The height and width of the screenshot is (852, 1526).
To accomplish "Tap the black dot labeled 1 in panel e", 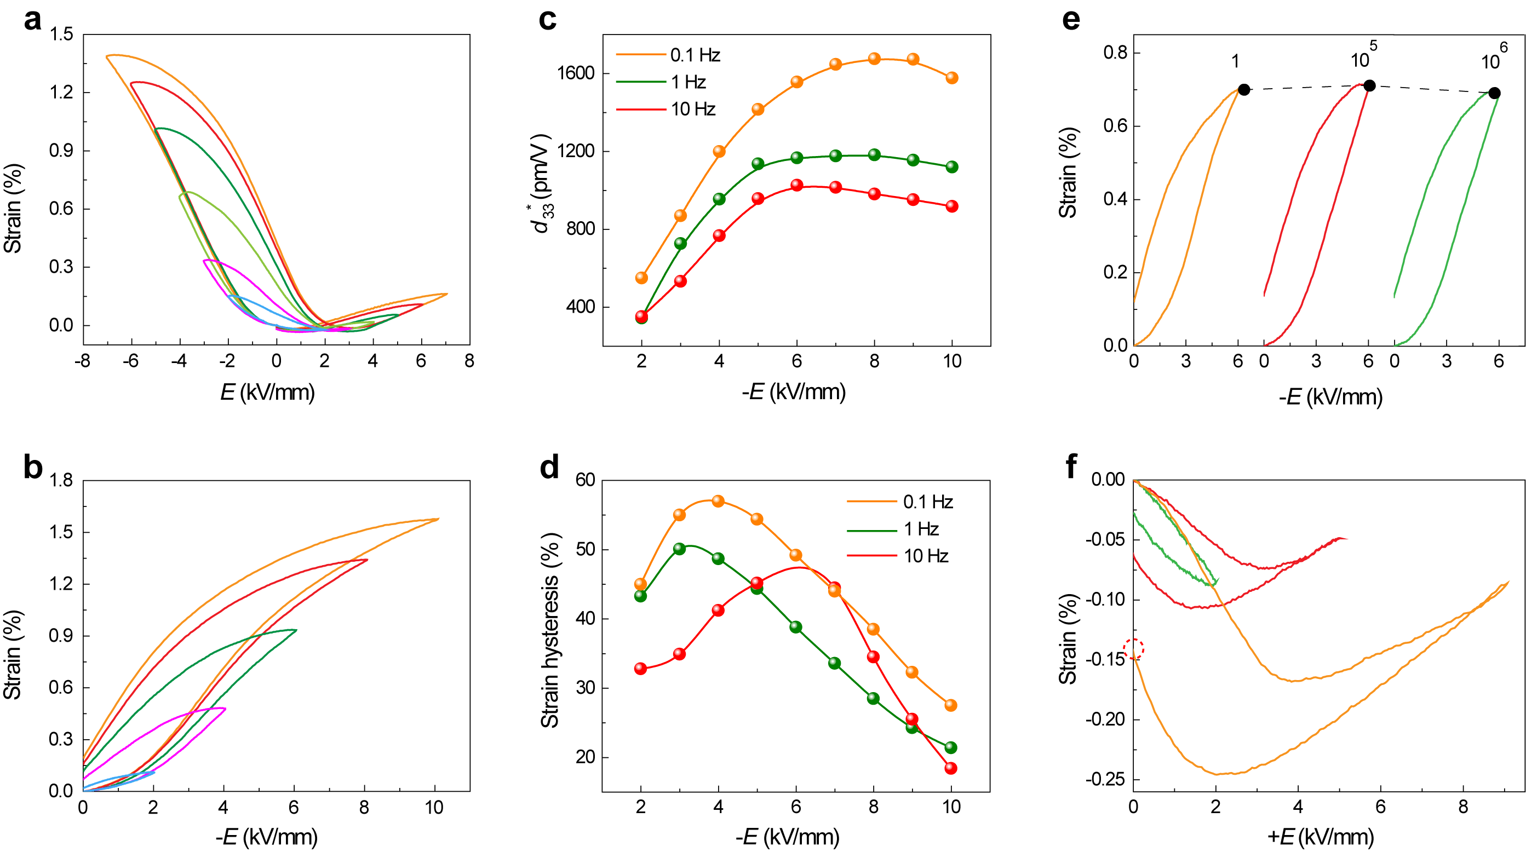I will coord(1244,89).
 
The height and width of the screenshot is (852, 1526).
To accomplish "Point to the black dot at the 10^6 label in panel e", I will coord(1495,93).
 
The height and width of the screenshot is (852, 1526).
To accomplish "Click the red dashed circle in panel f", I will coord(1133,649).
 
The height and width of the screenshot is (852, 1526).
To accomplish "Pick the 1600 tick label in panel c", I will coord(575,73).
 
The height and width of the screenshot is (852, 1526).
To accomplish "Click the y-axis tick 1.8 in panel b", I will coord(61,480).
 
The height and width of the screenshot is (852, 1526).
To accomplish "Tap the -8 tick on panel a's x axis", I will coord(82,361).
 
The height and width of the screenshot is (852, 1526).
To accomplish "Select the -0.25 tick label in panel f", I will coord(1105,779).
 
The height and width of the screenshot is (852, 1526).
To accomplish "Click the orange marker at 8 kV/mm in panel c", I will coord(874,59).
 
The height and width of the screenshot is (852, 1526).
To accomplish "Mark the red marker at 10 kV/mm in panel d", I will coord(951,768).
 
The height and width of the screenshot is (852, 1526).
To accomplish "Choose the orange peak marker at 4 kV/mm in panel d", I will coord(718,501).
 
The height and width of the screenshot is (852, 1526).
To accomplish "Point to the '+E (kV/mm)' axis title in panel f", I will coord(1321,837).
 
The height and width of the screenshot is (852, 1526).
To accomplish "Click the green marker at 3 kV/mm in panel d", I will coord(680,549).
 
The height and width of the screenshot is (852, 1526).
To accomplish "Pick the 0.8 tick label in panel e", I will coord(1115,53).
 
